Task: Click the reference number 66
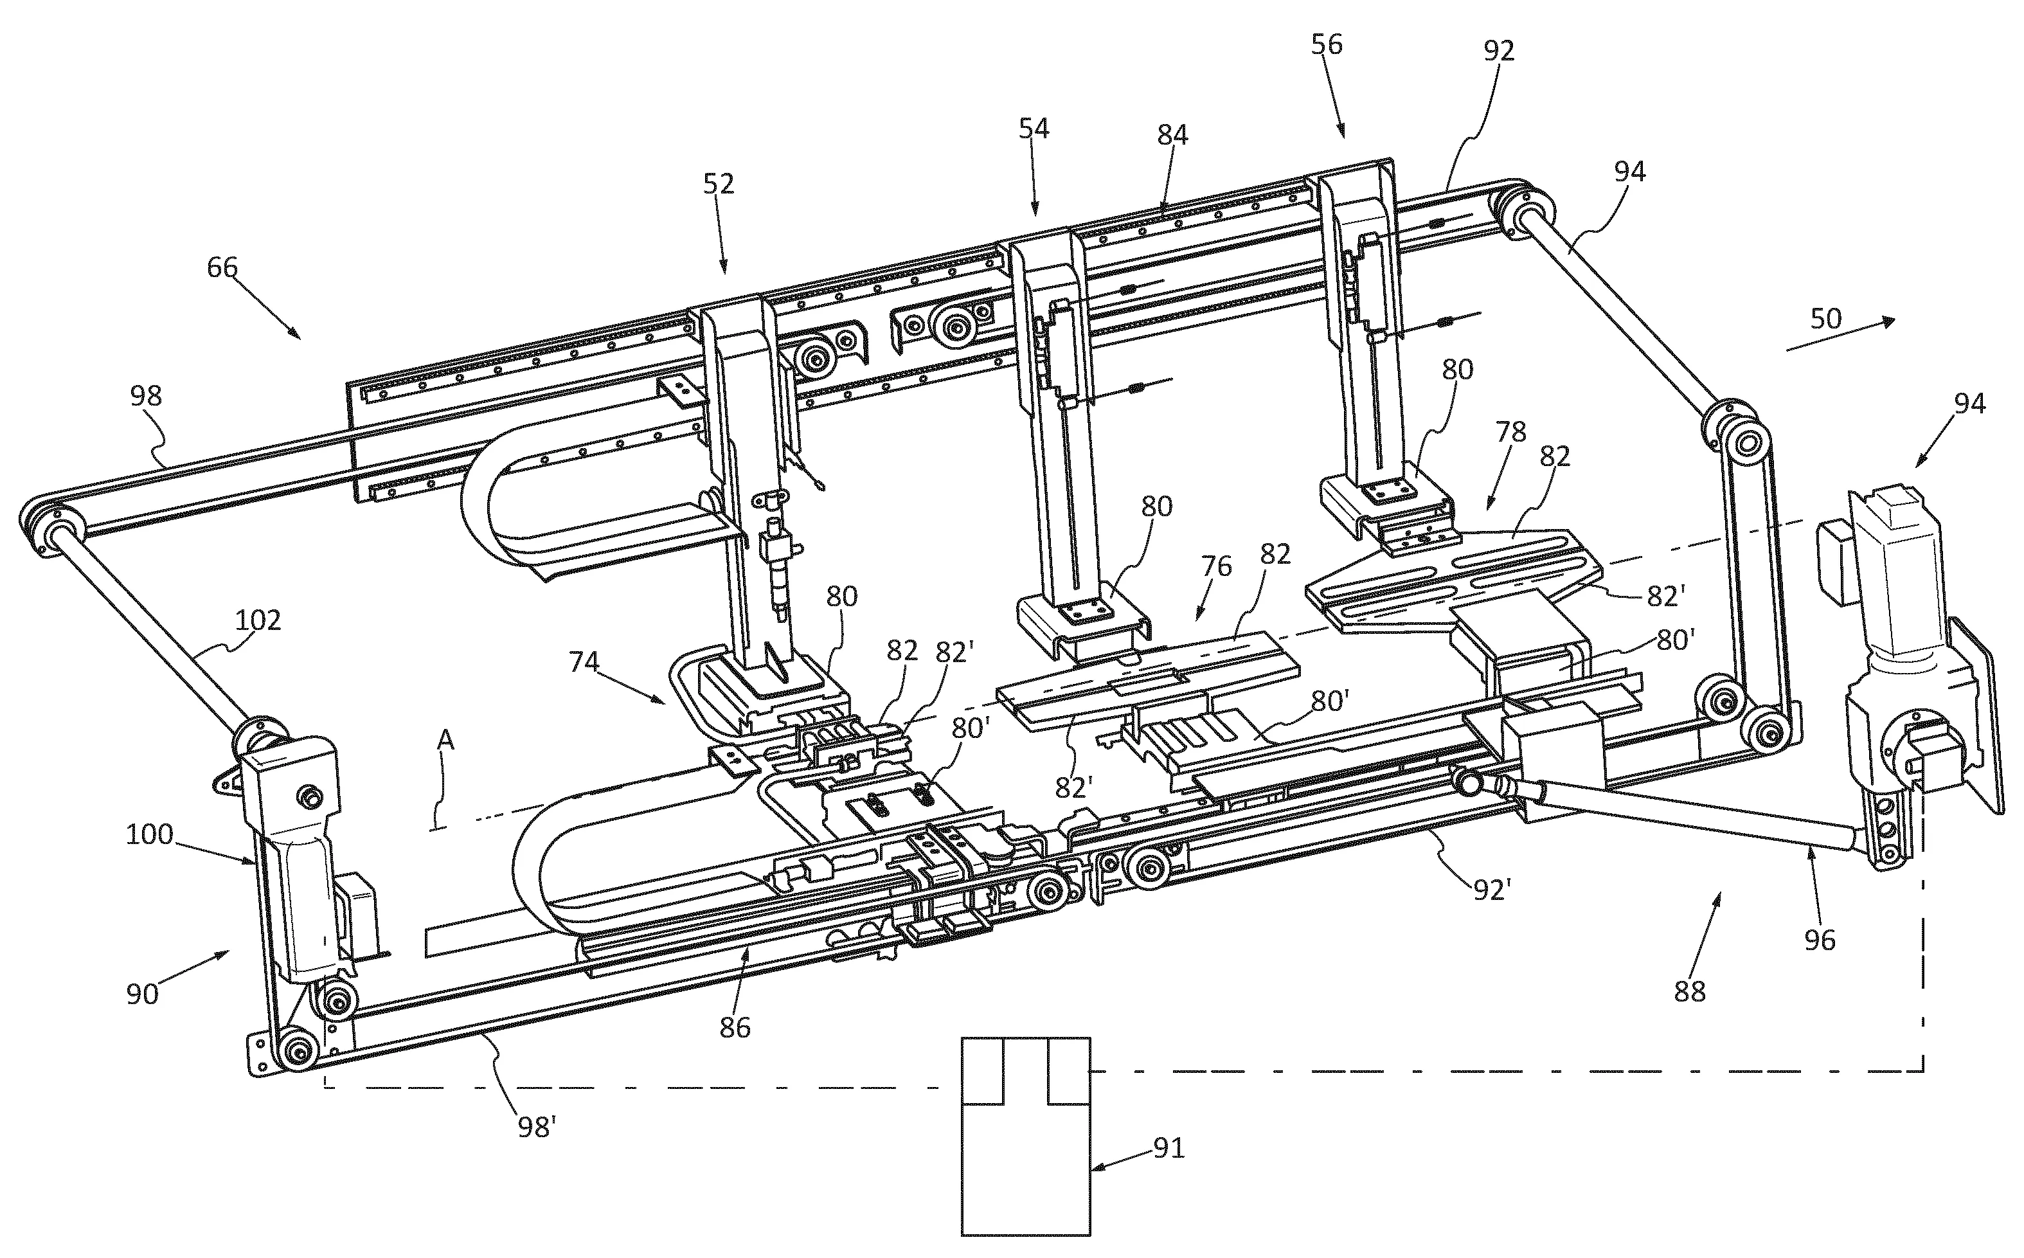(222, 268)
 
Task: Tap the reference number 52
(719, 184)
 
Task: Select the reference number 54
(1034, 129)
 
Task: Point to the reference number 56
(1327, 44)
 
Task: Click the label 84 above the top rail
(1172, 135)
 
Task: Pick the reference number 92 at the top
(1499, 51)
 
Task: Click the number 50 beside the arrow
(1826, 319)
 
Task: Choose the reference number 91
(1168, 1148)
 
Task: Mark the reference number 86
(735, 1027)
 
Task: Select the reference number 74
(584, 661)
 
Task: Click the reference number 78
(1510, 432)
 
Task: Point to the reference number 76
(1216, 566)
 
